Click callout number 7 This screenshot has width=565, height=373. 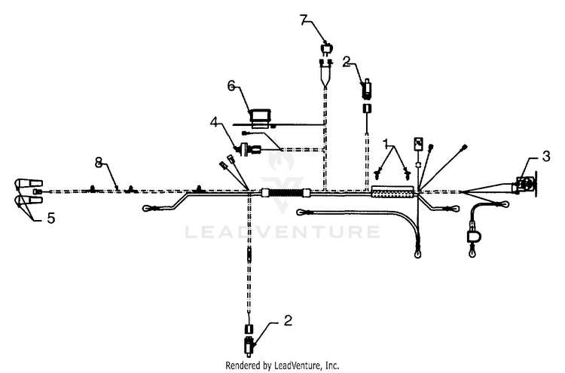click(x=305, y=20)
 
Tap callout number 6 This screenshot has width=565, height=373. click(x=231, y=86)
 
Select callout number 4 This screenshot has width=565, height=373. click(x=215, y=122)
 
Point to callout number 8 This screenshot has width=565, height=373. click(x=99, y=163)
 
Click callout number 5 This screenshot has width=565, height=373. click(x=51, y=218)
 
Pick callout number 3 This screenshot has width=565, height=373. click(x=546, y=157)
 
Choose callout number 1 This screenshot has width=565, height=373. click(x=386, y=143)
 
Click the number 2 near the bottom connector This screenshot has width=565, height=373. click(x=288, y=320)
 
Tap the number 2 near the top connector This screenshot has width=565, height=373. click(x=347, y=62)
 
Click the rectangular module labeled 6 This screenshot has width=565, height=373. click(x=261, y=118)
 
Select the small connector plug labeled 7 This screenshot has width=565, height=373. click(x=326, y=48)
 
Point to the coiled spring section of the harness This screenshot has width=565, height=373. click(x=286, y=193)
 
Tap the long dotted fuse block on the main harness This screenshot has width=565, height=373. click(x=392, y=191)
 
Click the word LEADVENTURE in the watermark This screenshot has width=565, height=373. click(x=282, y=232)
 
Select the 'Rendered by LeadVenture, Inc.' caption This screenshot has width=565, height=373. click(x=282, y=365)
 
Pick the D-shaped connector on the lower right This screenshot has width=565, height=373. click(x=473, y=236)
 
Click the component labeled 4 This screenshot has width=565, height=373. click(x=249, y=149)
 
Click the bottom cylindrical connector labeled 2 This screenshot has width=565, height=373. click(x=249, y=346)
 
